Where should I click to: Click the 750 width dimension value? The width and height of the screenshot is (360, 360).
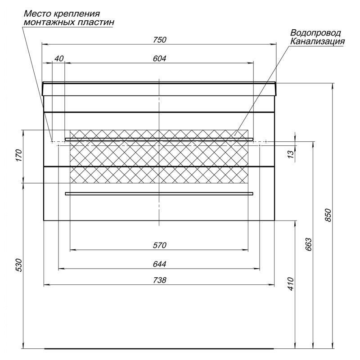[x=160, y=40]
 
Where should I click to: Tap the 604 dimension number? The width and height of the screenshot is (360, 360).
[x=160, y=58]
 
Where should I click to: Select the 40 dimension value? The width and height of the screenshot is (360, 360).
[x=59, y=58]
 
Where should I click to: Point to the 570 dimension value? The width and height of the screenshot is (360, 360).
[x=160, y=245]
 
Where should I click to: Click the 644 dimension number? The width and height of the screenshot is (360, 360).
[x=160, y=264]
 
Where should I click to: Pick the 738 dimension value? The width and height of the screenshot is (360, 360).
[x=160, y=280]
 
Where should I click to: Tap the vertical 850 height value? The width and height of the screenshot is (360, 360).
[x=328, y=215]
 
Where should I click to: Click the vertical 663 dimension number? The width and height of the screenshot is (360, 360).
[x=309, y=244]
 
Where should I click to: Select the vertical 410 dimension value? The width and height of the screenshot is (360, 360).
[x=290, y=284]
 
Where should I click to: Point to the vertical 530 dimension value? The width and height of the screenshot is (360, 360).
[x=19, y=265]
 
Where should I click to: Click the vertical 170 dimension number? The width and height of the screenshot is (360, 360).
[x=19, y=155]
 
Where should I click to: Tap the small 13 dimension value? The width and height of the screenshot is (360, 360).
[x=290, y=154]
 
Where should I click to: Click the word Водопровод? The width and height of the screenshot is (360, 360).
[x=315, y=33]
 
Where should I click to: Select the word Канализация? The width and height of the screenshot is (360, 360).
[x=318, y=41]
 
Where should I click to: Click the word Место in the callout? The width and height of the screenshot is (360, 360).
[x=38, y=13]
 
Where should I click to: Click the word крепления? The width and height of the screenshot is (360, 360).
[x=77, y=14]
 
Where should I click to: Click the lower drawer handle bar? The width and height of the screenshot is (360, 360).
[x=159, y=194]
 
